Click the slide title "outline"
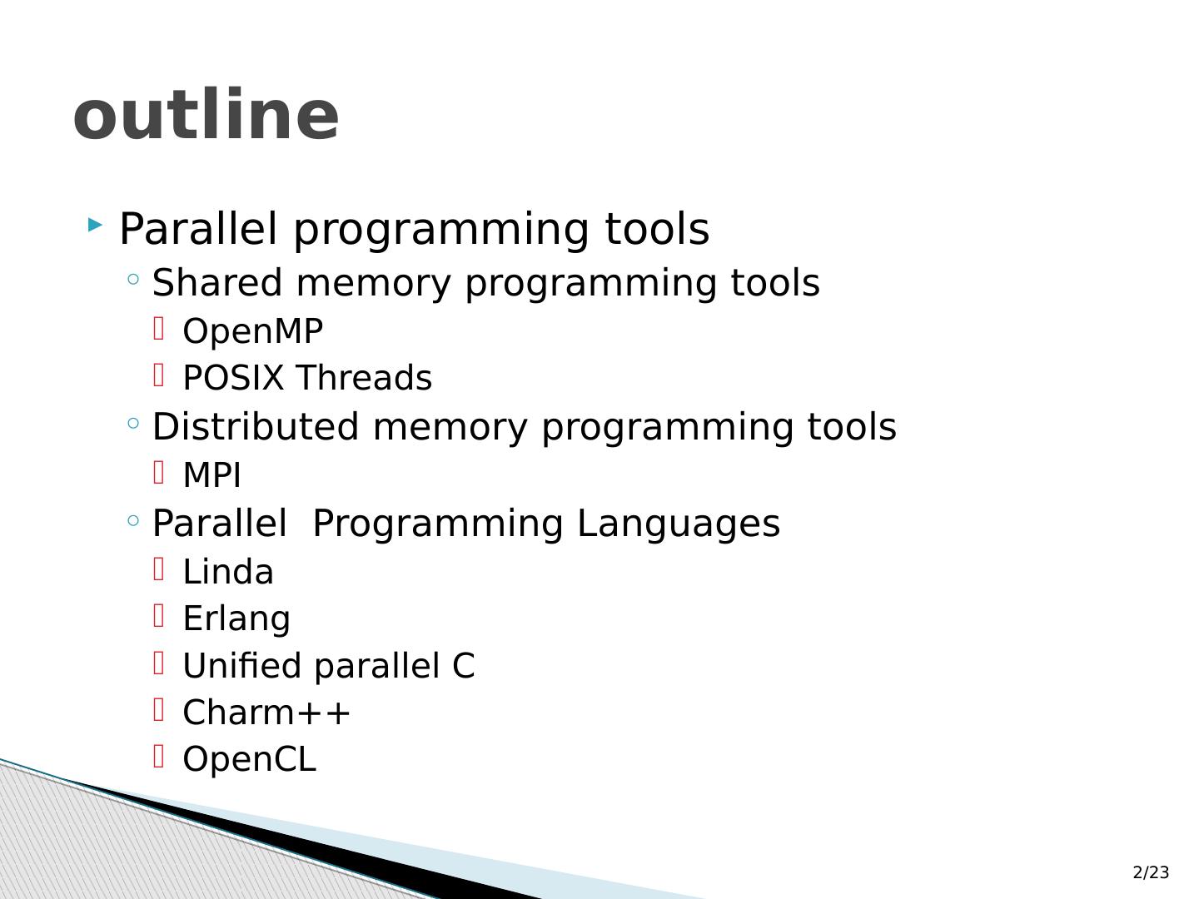coord(206,115)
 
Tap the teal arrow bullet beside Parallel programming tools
coord(95,225)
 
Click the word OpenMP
coord(253,330)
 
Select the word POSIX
coord(233,378)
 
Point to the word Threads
coord(365,378)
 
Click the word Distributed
coord(255,426)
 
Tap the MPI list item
coord(212,474)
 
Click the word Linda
coord(228,572)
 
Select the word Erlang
coord(236,619)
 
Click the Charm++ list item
coord(266,713)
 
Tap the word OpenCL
coord(250,758)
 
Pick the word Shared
coord(217,283)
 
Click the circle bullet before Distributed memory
coord(133,423)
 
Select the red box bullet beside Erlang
coord(159,615)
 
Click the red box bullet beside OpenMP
coord(159,328)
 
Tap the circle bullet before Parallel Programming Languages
coord(133,520)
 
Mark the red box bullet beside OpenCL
coord(159,756)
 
